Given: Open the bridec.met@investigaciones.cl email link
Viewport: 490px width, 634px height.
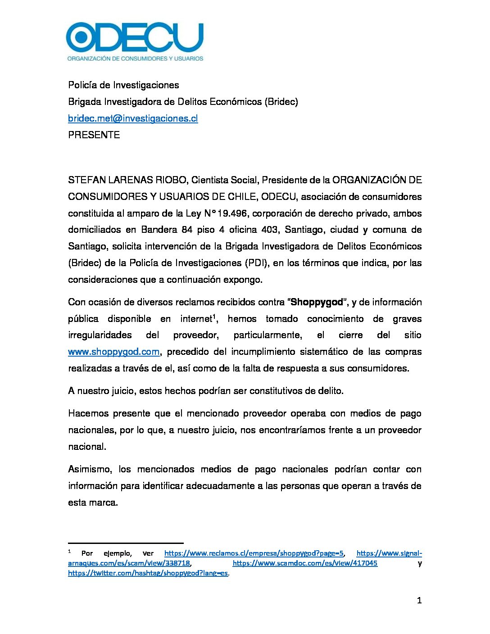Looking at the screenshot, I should click(133, 118).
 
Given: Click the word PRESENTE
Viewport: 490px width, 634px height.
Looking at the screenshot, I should click(94, 135).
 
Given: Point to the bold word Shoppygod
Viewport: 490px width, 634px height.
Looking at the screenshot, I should click(317, 302).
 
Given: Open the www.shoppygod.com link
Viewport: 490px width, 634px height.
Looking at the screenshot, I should click(113, 352).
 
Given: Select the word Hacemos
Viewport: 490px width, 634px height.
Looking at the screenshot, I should click(87, 413).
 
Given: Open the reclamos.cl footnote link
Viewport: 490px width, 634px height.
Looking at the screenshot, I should click(254, 553).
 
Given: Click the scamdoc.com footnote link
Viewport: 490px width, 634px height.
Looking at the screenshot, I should click(305, 563).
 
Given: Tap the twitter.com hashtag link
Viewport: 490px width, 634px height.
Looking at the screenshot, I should click(148, 573).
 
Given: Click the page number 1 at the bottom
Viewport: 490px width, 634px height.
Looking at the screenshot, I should click(419, 601).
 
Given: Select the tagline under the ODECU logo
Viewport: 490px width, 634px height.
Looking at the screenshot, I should click(135, 59).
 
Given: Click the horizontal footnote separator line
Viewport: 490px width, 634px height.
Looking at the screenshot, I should click(126, 543).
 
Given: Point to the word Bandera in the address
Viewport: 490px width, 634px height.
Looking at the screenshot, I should click(159, 230).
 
